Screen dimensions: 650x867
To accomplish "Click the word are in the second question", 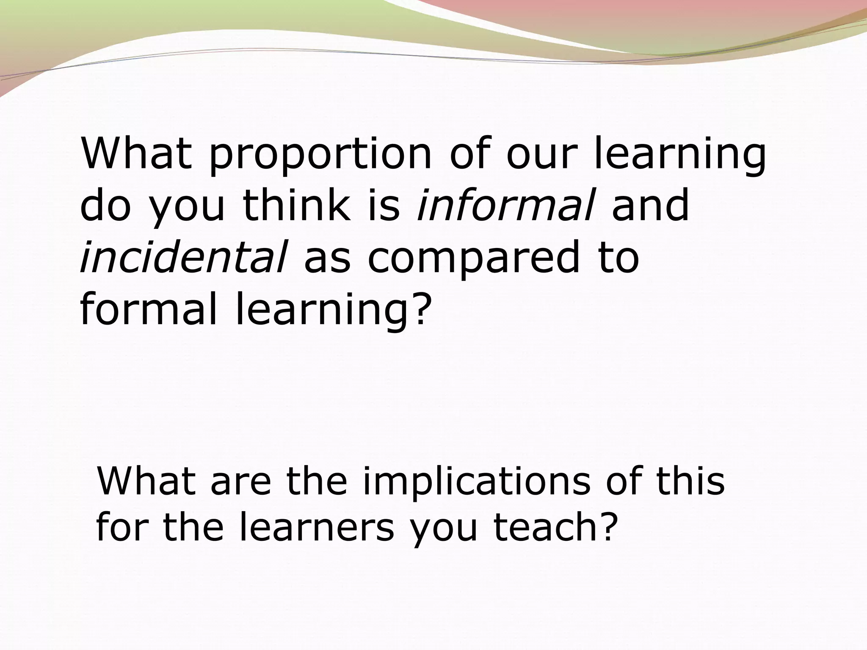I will [x=240, y=482].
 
